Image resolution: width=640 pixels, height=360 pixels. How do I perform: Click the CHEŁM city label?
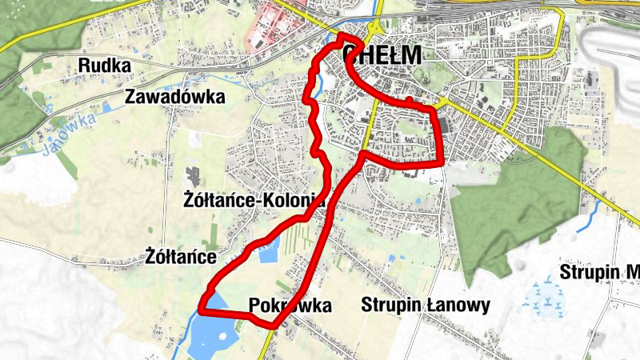click(x=382, y=54)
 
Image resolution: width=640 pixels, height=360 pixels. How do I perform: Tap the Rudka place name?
click(x=104, y=66)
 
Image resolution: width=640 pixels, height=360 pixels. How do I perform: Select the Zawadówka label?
click(x=175, y=97)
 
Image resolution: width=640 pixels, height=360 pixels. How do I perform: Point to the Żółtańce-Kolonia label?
click(x=253, y=202)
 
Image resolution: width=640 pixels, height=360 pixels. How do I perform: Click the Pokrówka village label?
click(x=290, y=306)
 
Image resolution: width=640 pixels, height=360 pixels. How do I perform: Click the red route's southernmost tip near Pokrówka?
click(x=274, y=326)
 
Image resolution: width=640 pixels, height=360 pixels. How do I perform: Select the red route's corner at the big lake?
click(x=200, y=313)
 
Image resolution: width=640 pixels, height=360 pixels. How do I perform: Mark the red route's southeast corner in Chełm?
click(x=442, y=164)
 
